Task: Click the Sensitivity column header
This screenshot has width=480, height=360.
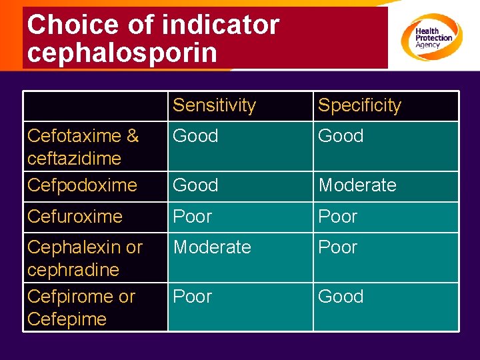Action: point(214,105)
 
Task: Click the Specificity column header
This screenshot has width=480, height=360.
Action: point(359,105)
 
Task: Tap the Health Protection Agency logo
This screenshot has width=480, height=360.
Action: point(431,37)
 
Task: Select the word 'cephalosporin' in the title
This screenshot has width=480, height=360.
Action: point(122,53)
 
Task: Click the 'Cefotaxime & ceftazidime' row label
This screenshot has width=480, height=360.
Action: point(83,147)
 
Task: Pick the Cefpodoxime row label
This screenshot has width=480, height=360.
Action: point(82,185)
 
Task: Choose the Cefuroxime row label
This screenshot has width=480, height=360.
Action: point(75,217)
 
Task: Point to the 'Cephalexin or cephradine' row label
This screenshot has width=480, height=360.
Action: point(85,258)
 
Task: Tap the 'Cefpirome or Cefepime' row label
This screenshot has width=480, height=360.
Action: point(81,307)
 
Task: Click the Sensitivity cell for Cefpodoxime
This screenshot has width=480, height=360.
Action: point(195,185)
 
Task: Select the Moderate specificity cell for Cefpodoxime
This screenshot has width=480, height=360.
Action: point(357,185)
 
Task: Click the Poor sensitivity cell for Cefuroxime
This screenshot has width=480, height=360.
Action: point(192,217)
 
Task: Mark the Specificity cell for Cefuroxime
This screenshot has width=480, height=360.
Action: point(337,217)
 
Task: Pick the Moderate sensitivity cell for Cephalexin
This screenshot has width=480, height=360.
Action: point(212,247)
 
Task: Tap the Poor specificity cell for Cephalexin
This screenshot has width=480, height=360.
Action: point(337,247)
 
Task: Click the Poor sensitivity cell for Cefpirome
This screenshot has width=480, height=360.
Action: point(192,297)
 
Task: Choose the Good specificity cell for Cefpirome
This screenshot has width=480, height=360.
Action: point(341,297)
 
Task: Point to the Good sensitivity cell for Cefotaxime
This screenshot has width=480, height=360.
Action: point(195,136)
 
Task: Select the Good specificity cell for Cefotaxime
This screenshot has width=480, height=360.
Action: point(341,136)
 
